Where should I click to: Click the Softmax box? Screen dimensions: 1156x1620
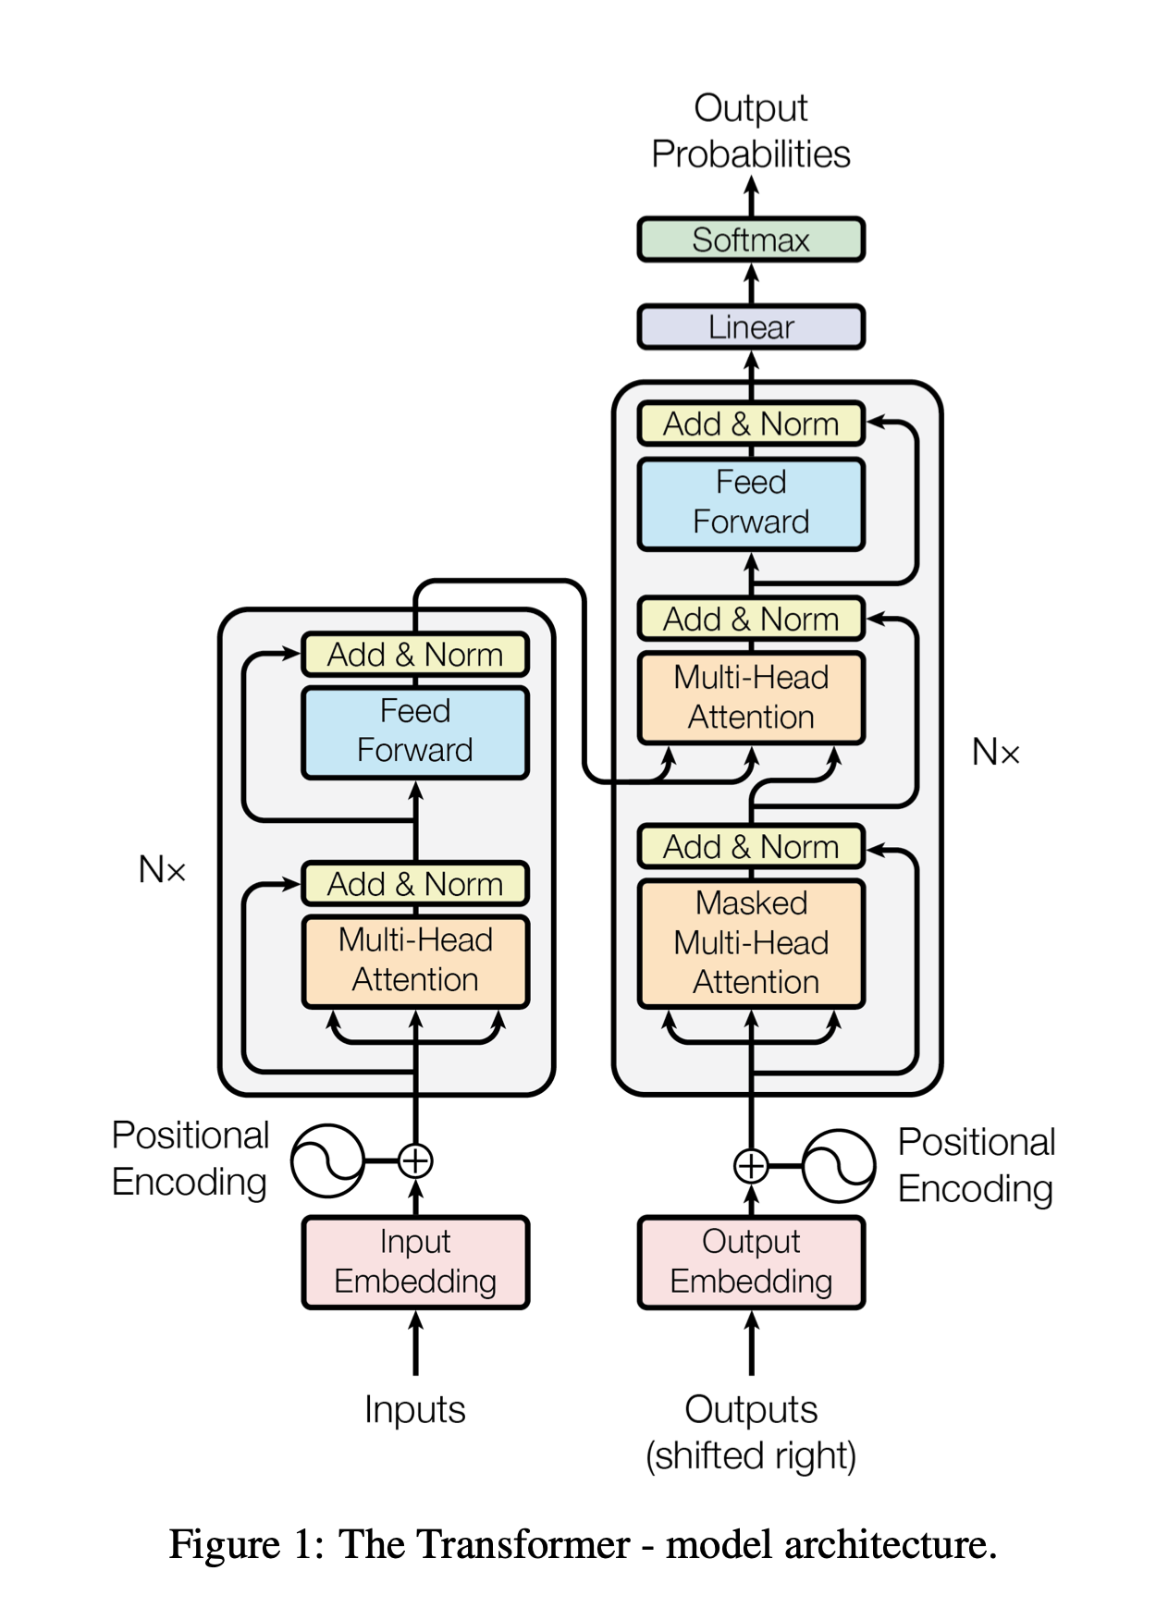coord(751,239)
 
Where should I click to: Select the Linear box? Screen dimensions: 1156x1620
coord(751,326)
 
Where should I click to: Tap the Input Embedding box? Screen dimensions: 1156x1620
coord(415,1262)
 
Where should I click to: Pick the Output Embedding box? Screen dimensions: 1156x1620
coord(751,1262)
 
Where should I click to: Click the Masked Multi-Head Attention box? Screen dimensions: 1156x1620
coord(751,943)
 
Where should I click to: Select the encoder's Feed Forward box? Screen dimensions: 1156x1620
coord(415,731)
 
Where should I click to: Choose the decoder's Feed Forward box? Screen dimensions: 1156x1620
coord(751,504)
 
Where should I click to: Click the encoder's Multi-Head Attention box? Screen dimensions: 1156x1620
coord(415,961)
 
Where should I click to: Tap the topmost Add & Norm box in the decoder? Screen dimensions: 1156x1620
coord(751,423)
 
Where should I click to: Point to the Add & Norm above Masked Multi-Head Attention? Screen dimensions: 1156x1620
coord(751,846)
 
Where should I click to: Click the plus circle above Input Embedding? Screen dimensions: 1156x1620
coord(415,1160)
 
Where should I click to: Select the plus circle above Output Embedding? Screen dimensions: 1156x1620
coord(751,1166)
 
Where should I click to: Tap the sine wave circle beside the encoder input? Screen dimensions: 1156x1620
coord(328,1160)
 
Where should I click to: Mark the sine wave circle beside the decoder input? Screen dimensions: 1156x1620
coord(839,1166)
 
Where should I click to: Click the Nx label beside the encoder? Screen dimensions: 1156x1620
coord(162,869)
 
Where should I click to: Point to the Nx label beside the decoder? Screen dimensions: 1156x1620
coord(995,753)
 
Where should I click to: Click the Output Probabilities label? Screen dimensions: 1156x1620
coord(751,130)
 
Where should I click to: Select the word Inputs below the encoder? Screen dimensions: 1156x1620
coord(415,1409)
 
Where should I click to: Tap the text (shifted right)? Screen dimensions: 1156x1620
coord(751,1455)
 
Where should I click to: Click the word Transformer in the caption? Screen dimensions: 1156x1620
coord(485,1544)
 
